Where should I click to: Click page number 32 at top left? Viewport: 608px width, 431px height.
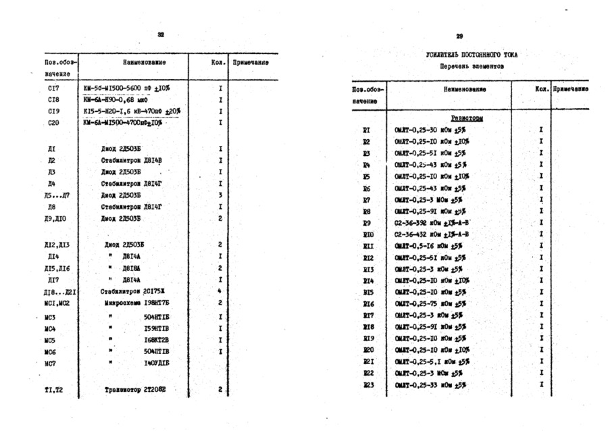point(161,34)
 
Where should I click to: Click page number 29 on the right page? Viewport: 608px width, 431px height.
point(459,36)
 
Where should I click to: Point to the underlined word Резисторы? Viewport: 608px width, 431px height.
point(467,118)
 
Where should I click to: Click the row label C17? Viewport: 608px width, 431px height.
point(54,88)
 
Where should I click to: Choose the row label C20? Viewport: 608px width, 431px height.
point(54,123)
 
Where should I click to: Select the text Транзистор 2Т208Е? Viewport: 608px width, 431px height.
point(135,390)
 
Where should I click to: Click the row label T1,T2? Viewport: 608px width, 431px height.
point(53,390)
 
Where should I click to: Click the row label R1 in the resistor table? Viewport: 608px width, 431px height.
point(367,130)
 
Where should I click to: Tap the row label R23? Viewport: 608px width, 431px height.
point(368,385)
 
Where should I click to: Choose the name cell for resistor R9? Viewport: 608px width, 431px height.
point(432,223)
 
